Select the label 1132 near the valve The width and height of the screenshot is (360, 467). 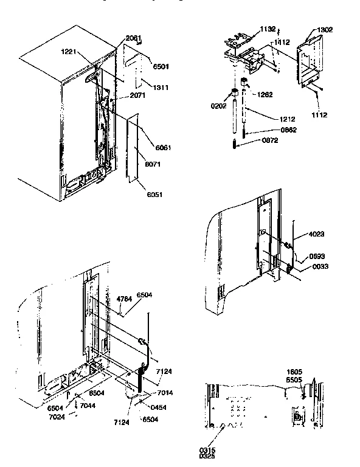tap(268, 28)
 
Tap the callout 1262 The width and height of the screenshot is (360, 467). tap(265, 94)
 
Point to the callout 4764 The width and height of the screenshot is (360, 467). tap(125, 299)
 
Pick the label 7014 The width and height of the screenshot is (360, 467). tap(167, 393)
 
